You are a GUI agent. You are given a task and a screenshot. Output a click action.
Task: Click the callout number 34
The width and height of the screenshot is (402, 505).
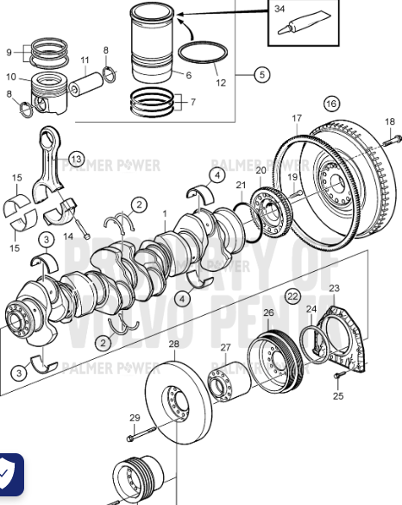pyautogui.click(x=280, y=9)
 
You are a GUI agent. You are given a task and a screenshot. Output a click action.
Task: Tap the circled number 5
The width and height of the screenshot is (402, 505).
pyautogui.click(x=261, y=75)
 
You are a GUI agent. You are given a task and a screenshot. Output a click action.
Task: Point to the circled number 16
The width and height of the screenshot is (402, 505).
pyautogui.click(x=331, y=104)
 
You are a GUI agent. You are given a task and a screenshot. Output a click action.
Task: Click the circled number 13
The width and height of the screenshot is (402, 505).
pyautogui.click(x=77, y=159)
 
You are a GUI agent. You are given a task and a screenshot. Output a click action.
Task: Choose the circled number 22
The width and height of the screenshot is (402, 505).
pyautogui.click(x=292, y=296)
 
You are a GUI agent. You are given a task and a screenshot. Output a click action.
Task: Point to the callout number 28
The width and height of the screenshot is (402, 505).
pyautogui.click(x=173, y=344)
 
